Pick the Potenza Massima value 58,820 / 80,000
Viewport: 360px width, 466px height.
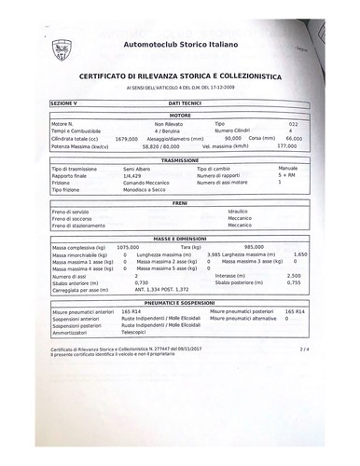181,144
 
